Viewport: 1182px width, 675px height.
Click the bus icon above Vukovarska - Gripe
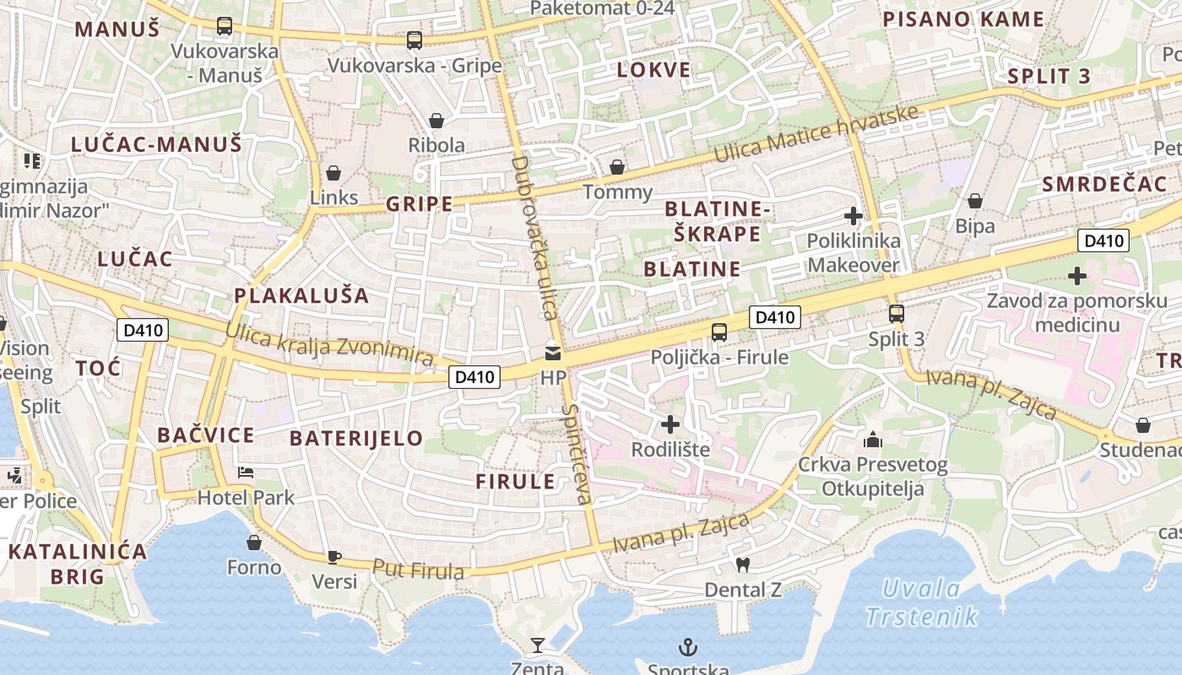414,40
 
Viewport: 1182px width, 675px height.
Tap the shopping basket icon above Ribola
436,121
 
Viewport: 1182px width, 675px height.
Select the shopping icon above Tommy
617,167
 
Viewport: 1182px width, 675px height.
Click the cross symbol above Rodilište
670,424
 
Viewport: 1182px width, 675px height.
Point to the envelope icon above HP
552,354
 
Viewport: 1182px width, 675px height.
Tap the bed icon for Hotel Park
246,472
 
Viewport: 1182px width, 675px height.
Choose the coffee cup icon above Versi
334,556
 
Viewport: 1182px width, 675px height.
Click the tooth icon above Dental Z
743,564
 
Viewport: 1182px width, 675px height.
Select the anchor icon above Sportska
688,647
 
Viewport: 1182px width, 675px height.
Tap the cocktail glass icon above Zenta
537,645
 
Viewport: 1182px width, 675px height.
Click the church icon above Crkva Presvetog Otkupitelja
872,440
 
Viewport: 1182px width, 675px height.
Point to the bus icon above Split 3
897,314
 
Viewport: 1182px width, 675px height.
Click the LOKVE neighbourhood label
653,70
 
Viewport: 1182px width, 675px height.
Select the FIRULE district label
515,482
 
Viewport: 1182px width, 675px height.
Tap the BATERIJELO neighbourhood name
355,438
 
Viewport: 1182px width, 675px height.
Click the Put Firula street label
418,570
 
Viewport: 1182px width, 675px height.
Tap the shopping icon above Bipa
975,201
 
